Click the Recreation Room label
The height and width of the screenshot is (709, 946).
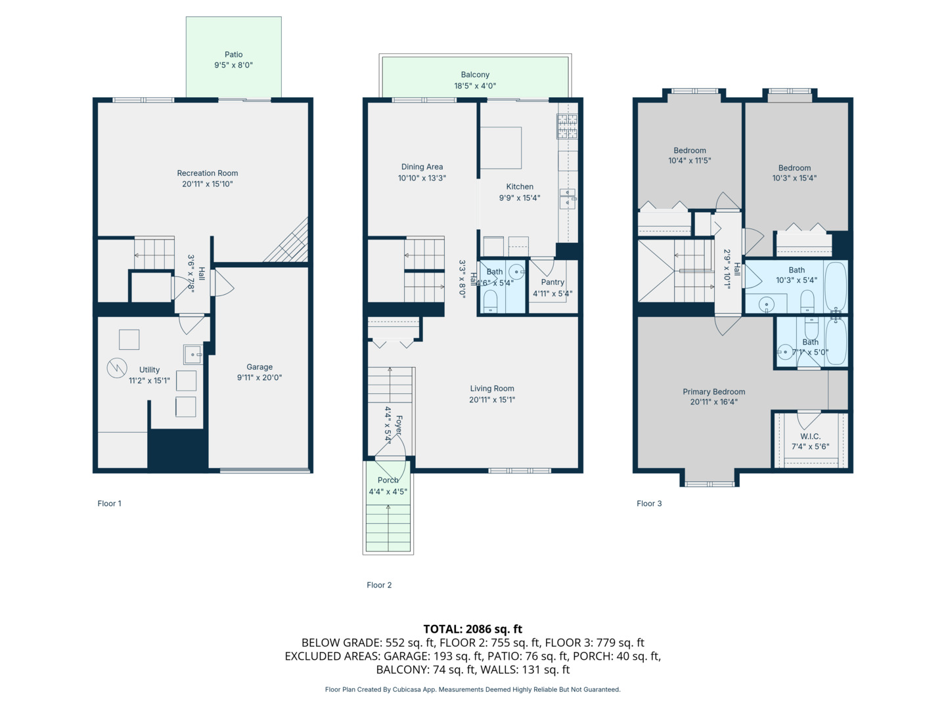pos(208,173)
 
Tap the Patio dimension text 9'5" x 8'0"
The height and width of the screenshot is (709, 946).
pos(234,65)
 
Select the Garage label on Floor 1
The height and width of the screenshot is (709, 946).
pos(259,367)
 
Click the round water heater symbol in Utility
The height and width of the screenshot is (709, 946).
pos(117,368)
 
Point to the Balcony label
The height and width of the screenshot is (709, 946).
pos(475,74)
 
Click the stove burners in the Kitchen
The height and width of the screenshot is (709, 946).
pos(567,126)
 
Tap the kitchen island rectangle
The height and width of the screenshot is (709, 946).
pos(501,148)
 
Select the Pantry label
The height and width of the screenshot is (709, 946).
pos(552,282)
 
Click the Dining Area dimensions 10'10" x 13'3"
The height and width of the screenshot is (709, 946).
pos(422,178)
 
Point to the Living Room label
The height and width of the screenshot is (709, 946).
pos(492,388)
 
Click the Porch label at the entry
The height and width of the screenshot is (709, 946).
pos(388,480)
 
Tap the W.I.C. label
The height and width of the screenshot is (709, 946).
pos(810,436)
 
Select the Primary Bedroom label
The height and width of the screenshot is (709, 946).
pos(713,392)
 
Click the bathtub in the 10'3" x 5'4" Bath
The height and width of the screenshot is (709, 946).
pos(836,286)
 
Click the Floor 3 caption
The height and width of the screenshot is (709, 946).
pos(649,504)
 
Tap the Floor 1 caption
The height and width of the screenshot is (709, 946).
pos(110,504)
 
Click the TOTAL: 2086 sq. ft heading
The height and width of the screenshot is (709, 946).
pos(473,629)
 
